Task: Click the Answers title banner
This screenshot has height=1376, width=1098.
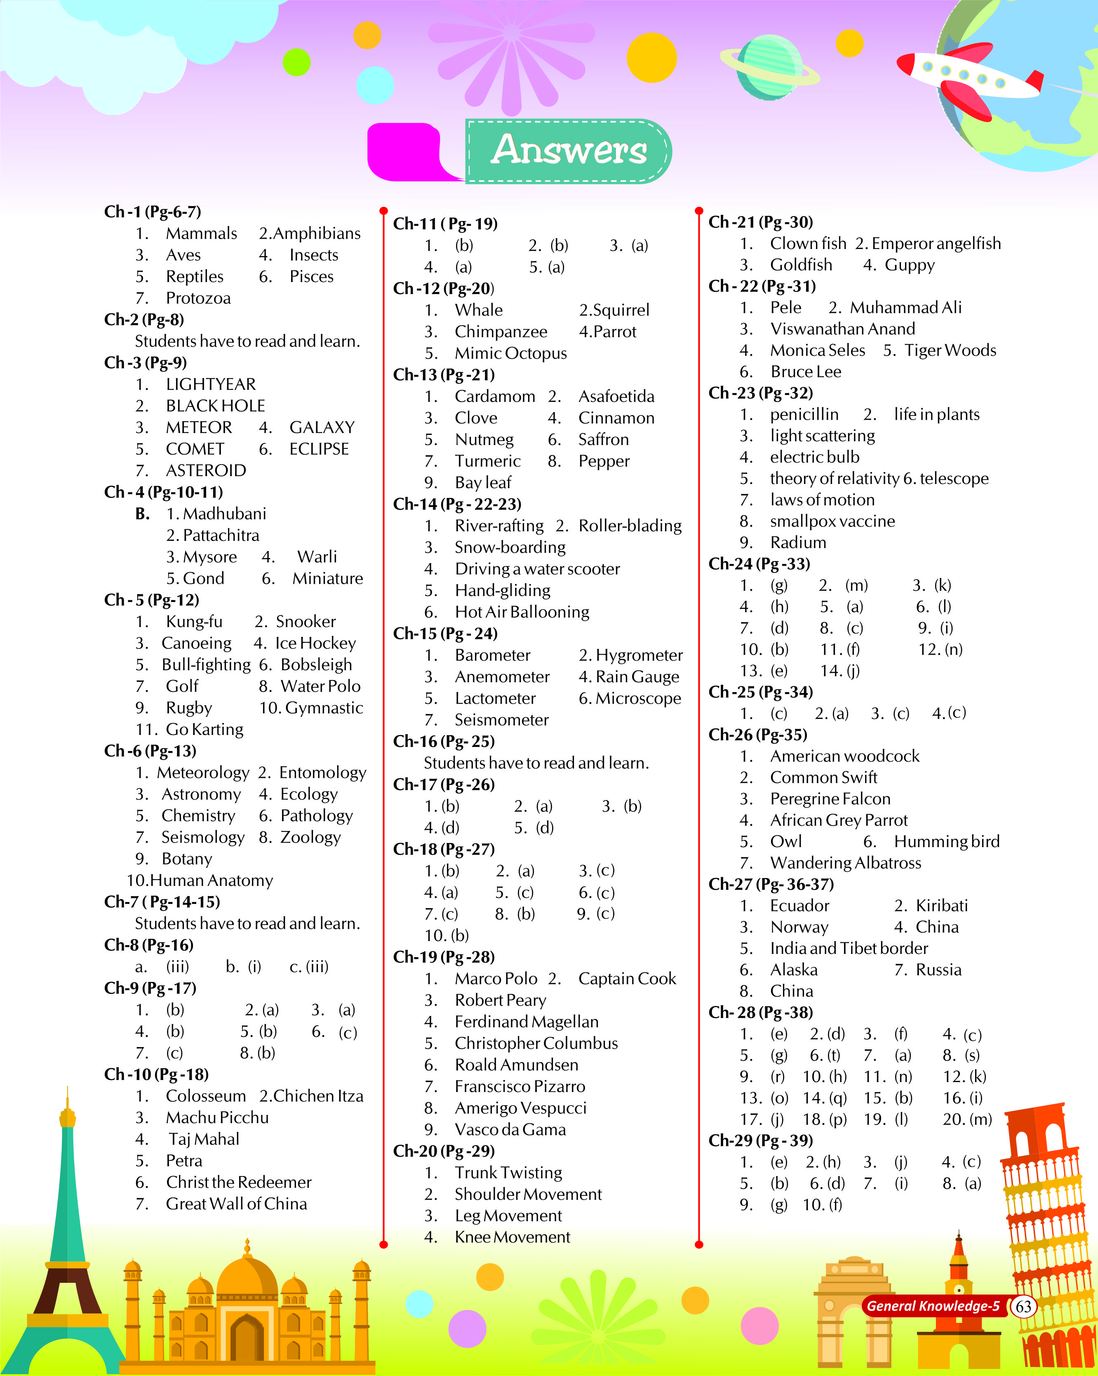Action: point(568,150)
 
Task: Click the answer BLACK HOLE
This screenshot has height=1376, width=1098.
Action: point(215,406)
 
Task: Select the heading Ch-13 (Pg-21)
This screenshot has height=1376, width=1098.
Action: point(444,375)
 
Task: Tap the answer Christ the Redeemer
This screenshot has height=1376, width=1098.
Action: point(239,1182)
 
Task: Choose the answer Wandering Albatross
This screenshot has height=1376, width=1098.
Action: point(845,863)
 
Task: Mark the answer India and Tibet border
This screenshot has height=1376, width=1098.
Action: point(849,949)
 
